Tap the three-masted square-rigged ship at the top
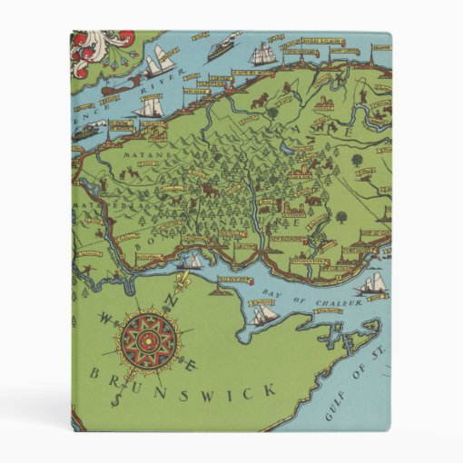(x=263, y=53)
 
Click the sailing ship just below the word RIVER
(x=148, y=108)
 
